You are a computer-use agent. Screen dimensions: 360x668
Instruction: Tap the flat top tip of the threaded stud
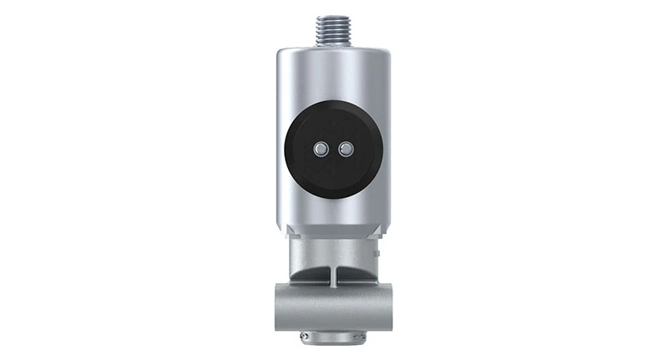(334, 13)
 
